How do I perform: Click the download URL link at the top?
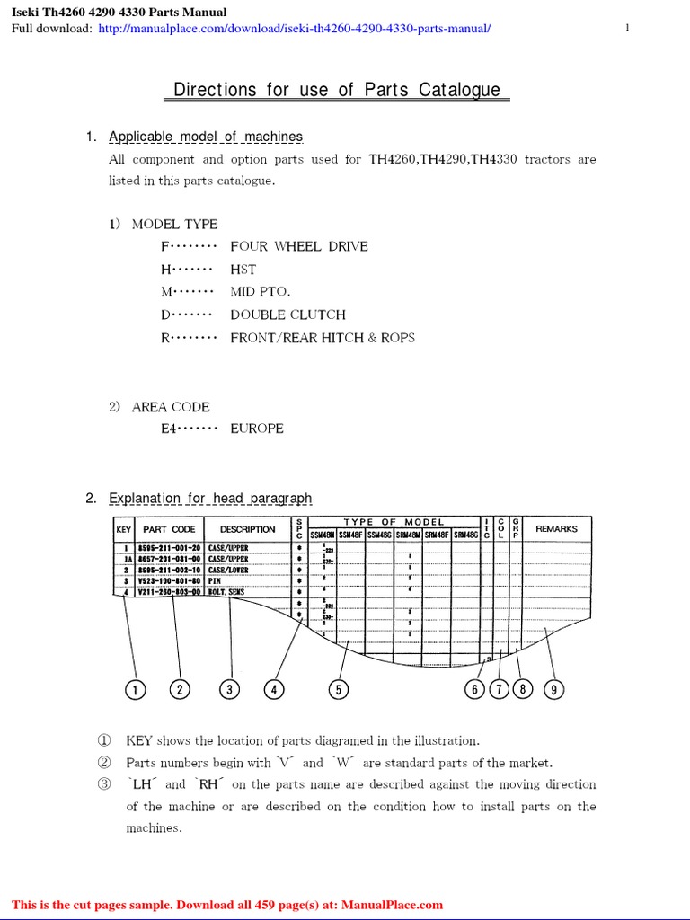[x=295, y=29]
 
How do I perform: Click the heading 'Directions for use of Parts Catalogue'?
[x=337, y=90]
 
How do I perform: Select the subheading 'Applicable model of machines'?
[x=206, y=137]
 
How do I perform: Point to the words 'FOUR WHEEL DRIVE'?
[x=298, y=246]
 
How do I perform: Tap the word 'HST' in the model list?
[x=243, y=270]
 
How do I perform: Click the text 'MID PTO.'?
[x=260, y=292]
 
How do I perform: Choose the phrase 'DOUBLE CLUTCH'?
[x=287, y=314]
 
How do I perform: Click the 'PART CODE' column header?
[x=169, y=530]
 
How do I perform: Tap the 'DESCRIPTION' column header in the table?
[x=247, y=530]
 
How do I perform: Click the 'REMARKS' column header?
[x=556, y=529]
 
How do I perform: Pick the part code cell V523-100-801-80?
[x=167, y=581]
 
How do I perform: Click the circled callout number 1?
[x=134, y=689]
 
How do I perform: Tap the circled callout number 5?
[x=338, y=689]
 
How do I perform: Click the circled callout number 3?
[x=230, y=689]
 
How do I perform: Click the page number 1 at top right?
[x=627, y=29]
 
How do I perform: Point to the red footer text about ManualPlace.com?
[x=227, y=905]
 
